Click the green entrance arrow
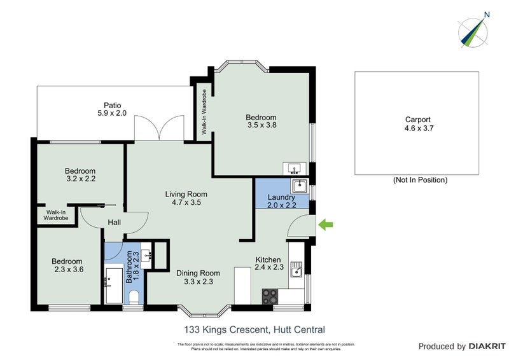tap(326, 224)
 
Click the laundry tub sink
tap(300, 186)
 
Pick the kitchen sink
tap(296, 272)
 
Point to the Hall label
tap(114, 222)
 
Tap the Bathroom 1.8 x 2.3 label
tap(132, 267)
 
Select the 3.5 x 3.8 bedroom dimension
tap(261, 125)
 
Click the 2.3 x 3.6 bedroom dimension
tap(67, 270)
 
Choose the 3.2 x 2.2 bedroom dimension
tap(80, 179)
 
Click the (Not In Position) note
tap(420, 180)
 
